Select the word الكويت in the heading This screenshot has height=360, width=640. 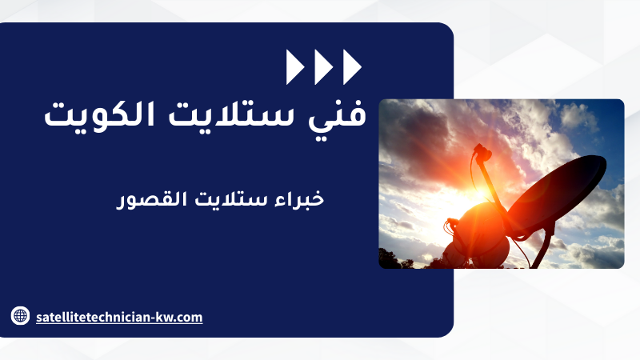[x=99, y=114]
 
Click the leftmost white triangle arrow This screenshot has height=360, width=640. [x=295, y=67]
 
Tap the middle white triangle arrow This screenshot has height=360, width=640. [x=324, y=67]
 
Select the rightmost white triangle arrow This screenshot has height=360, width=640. [x=352, y=67]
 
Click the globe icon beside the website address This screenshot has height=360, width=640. [x=20, y=315]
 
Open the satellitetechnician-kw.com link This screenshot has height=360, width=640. [x=119, y=317]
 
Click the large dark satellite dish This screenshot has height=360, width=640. [x=556, y=193]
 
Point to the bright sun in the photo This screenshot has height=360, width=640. [x=482, y=193]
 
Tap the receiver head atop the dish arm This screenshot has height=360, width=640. [x=482, y=152]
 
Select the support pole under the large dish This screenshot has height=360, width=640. [x=544, y=250]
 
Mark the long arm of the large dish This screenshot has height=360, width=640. [x=492, y=185]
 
